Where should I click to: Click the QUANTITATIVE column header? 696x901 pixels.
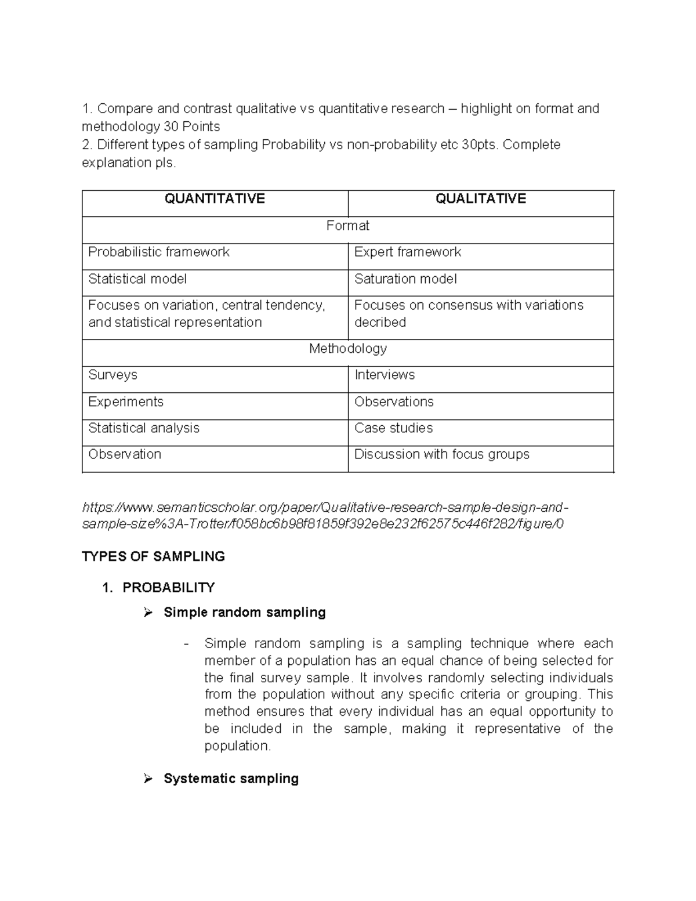pyautogui.click(x=215, y=199)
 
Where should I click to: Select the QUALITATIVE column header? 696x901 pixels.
pyautogui.click(x=480, y=199)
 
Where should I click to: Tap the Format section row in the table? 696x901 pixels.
pyautogui.click(x=347, y=226)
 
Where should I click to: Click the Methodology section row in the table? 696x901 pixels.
pyautogui.click(x=347, y=349)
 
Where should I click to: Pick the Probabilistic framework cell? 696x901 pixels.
pyautogui.click(x=159, y=252)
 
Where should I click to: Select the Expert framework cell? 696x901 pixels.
pyautogui.click(x=407, y=252)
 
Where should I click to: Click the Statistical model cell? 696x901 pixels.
pyautogui.click(x=137, y=279)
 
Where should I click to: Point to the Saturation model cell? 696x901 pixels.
pyautogui.click(x=405, y=279)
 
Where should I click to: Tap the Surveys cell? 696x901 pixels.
pyautogui.click(x=113, y=375)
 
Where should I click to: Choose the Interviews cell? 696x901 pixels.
pyautogui.click(x=385, y=375)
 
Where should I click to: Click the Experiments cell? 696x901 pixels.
pyautogui.click(x=126, y=402)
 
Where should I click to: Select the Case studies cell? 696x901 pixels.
pyautogui.click(x=393, y=428)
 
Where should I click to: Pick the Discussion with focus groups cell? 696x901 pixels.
pyautogui.click(x=441, y=454)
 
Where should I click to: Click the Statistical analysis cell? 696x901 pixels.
pyautogui.click(x=144, y=428)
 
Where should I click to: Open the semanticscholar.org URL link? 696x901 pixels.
pyautogui.click(x=325, y=516)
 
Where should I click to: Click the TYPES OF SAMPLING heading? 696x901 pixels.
pyautogui.click(x=153, y=556)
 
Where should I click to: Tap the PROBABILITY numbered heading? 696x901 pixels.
pyautogui.click(x=168, y=588)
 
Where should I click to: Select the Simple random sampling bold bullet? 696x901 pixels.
pyautogui.click(x=244, y=612)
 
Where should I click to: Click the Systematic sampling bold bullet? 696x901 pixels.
pyautogui.click(x=231, y=779)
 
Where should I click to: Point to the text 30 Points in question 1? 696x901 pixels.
pyautogui.click(x=192, y=126)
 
